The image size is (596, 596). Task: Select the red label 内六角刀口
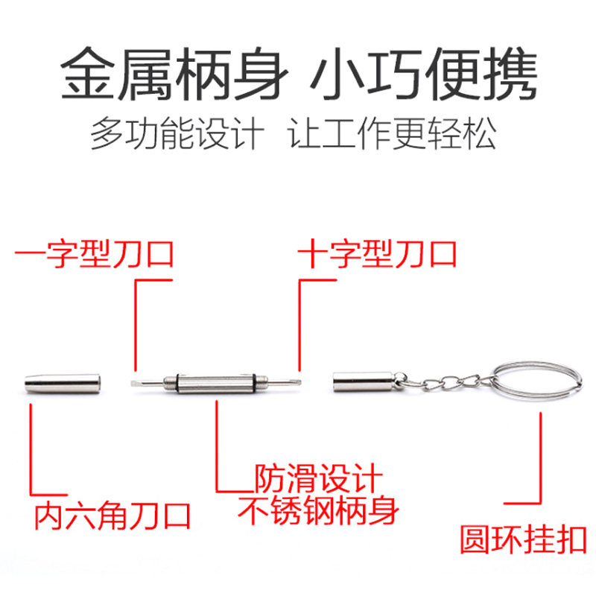(x=112, y=515)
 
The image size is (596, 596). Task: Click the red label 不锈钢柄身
(x=318, y=511)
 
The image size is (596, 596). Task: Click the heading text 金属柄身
(x=172, y=74)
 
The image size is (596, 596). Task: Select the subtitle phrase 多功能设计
(x=177, y=135)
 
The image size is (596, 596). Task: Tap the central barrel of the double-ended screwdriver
(x=215, y=383)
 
